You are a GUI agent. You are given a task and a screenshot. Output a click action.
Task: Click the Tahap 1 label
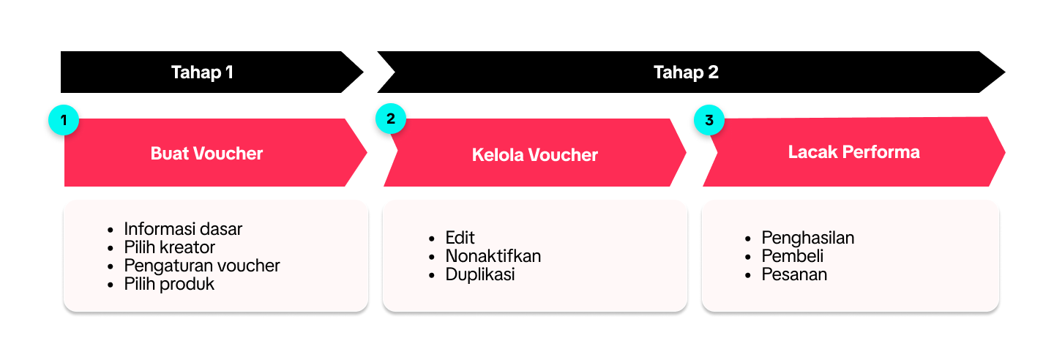(202, 72)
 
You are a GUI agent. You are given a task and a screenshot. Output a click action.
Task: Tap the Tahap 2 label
(686, 72)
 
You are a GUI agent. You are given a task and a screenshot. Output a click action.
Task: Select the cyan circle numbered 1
(64, 120)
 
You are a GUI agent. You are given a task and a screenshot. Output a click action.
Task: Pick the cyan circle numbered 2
(391, 119)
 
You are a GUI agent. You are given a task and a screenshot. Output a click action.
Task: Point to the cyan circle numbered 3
(709, 120)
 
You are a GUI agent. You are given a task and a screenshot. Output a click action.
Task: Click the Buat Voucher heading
(206, 154)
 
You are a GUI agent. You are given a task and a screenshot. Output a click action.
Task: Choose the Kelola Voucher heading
(534, 155)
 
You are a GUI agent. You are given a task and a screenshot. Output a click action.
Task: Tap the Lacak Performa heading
(853, 152)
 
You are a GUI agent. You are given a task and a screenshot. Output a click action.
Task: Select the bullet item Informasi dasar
(183, 229)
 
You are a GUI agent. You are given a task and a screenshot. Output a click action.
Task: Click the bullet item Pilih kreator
(169, 247)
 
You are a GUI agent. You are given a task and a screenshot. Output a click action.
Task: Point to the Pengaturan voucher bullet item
(202, 266)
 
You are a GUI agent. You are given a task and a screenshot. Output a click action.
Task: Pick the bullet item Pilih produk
(169, 284)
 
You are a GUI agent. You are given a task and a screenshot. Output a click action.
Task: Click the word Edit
(460, 238)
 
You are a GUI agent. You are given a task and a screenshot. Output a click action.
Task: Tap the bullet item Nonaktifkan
(493, 256)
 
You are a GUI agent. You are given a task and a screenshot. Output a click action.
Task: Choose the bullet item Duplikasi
(480, 274)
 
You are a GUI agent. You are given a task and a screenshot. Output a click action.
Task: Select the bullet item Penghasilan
(808, 238)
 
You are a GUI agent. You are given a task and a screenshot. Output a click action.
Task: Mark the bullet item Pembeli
(793, 256)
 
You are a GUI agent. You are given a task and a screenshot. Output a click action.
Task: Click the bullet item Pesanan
(794, 274)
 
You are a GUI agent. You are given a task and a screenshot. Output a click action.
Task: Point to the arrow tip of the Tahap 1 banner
(363, 72)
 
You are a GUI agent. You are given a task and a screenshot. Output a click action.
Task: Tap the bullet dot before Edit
(432, 239)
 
